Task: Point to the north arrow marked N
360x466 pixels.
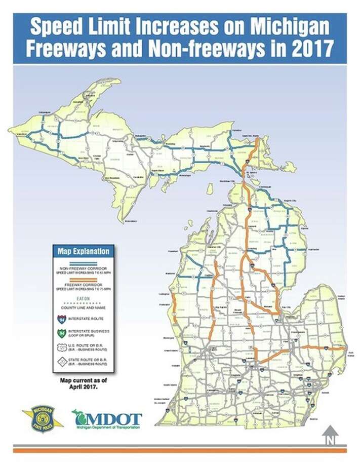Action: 330,435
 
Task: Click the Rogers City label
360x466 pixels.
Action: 293,201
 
